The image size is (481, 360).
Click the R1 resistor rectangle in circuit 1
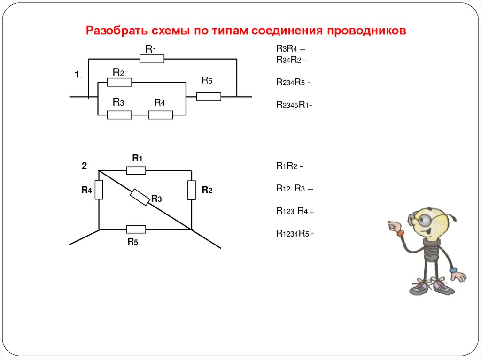click(x=152, y=59)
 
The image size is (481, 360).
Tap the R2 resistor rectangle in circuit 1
click(x=119, y=83)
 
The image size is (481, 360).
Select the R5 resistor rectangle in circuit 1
click(x=209, y=97)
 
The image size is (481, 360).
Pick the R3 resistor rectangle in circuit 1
click(x=119, y=115)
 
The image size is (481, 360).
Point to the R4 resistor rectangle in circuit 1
click(x=161, y=115)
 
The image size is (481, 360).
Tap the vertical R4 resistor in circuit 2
click(x=99, y=190)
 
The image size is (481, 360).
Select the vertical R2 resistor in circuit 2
click(x=192, y=190)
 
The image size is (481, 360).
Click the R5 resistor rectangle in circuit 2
click(x=136, y=229)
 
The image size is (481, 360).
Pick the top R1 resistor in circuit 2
click(x=136, y=170)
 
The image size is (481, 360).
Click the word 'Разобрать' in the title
click(x=117, y=31)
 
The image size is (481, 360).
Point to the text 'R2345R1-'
click(x=294, y=105)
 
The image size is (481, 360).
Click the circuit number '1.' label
click(x=78, y=75)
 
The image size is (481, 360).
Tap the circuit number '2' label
click(x=84, y=165)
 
